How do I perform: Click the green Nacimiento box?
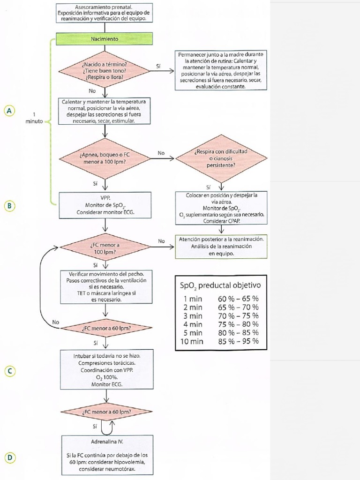click(x=105, y=39)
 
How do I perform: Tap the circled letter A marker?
click(x=8, y=111)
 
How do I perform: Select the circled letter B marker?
click(x=8, y=205)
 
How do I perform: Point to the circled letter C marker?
click(x=8, y=371)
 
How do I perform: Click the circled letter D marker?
click(x=8, y=457)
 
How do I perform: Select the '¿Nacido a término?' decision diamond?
click(x=105, y=71)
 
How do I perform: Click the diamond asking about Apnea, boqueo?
click(x=105, y=157)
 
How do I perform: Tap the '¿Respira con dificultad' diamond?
click(x=220, y=158)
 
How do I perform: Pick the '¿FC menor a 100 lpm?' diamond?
click(x=105, y=248)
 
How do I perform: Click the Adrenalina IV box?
click(x=107, y=455)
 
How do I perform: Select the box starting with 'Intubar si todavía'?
click(x=107, y=370)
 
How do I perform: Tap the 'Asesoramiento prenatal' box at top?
click(x=104, y=13)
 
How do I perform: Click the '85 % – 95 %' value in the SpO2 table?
click(x=238, y=341)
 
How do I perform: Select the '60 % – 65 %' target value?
click(x=238, y=299)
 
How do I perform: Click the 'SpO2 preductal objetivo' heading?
click(x=220, y=285)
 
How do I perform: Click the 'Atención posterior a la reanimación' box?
click(x=221, y=246)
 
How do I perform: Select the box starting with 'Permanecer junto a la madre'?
click(x=220, y=71)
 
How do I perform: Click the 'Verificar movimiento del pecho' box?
click(x=106, y=286)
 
